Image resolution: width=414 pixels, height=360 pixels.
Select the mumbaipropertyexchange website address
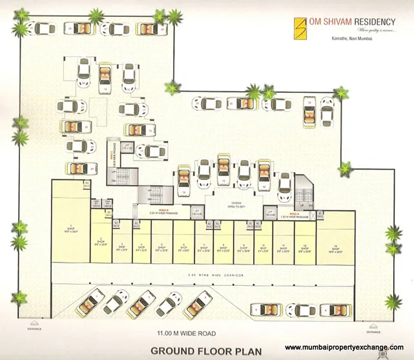[343, 346]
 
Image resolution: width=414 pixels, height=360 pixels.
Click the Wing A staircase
[304, 191]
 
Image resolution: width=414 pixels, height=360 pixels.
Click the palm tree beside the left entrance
[21, 298]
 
